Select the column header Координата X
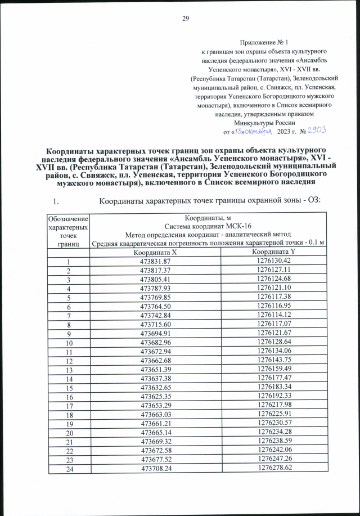155,253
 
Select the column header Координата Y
274,253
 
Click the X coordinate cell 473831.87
155,261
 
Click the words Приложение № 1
264,43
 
